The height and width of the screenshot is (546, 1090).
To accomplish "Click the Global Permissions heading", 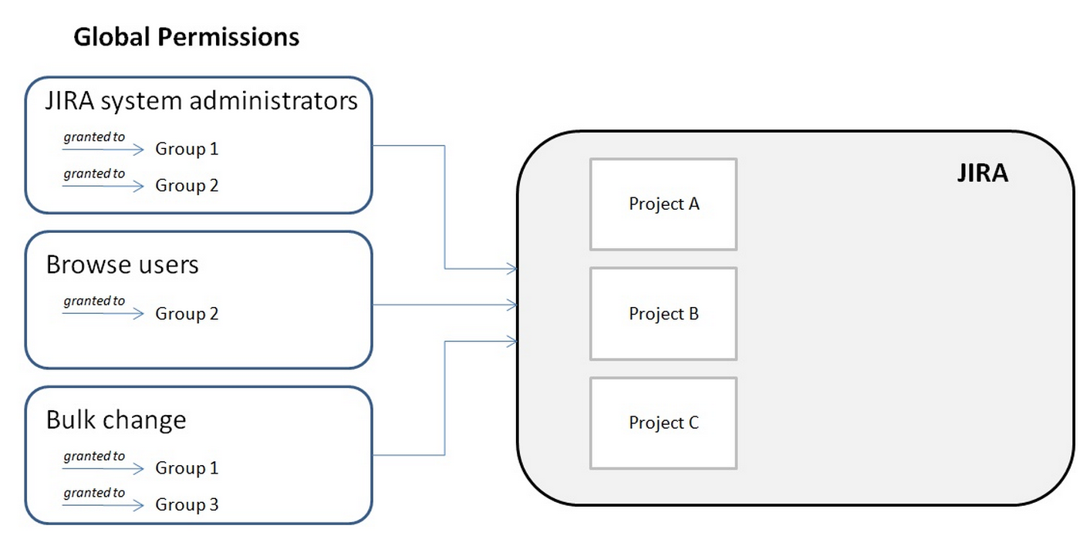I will pos(186,37).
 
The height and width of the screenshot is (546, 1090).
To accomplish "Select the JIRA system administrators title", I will pos(201,101).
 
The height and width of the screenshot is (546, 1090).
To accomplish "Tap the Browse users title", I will pos(122,265).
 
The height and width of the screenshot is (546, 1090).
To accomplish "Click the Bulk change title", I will pos(116,420).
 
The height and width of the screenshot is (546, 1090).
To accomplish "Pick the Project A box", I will pos(663,204).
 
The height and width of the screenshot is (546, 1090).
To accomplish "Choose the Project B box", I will pos(663,314).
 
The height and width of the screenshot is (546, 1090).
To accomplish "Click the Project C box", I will pos(663,423).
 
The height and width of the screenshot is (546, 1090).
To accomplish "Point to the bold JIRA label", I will pos(982,173).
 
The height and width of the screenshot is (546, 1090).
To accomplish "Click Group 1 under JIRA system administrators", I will pos(187,149).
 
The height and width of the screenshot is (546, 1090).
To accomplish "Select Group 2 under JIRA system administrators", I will pos(187,185).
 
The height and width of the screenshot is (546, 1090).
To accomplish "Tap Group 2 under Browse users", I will pos(187,314).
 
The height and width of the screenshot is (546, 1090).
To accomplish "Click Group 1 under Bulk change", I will pos(187,468).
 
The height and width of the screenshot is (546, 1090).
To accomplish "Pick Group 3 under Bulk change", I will pos(187,505).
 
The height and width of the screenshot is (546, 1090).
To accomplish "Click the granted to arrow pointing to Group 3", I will pos(103,506).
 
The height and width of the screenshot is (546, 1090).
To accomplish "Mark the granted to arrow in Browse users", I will pos(103,314).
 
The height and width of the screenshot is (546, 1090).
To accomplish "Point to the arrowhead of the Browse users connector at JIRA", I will pos(511,305).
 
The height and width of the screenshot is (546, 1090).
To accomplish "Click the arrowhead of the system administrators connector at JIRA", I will pos(511,269).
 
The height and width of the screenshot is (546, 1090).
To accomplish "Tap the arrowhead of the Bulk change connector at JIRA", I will pos(511,340).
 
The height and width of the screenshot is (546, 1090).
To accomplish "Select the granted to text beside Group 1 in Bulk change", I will pos(94,456).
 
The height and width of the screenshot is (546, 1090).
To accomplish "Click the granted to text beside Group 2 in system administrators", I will pos(94,174).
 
